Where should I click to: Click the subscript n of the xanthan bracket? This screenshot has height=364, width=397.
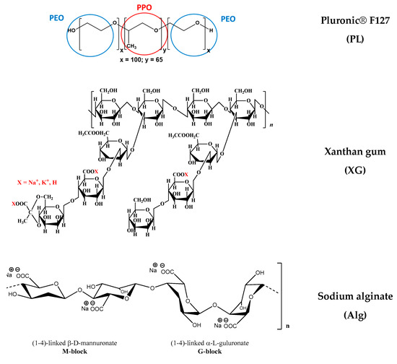click(270, 124)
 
